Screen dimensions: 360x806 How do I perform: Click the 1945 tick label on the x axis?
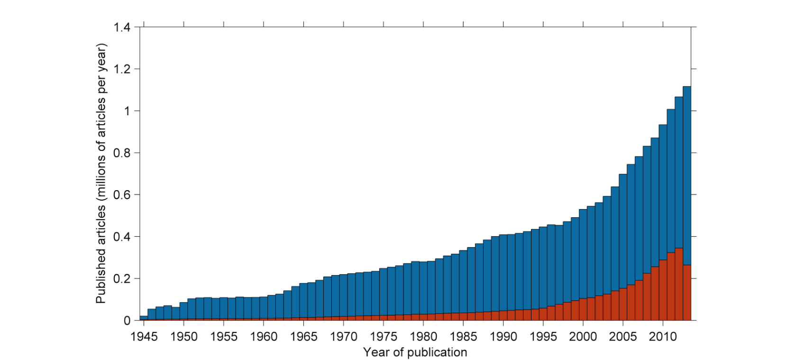(x=144, y=336)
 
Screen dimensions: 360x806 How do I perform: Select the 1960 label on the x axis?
(x=264, y=336)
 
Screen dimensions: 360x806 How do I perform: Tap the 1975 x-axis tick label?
(x=384, y=336)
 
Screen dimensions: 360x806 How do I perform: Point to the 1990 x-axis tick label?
(x=504, y=336)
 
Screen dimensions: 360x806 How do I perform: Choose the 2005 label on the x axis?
(x=623, y=336)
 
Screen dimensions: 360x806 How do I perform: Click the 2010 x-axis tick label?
(x=663, y=336)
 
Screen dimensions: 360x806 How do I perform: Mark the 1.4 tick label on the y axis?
(x=122, y=28)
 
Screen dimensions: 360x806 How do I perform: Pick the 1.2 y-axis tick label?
(x=122, y=69)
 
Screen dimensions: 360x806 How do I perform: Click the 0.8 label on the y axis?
(x=122, y=153)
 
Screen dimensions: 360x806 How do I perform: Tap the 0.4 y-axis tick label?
(x=122, y=237)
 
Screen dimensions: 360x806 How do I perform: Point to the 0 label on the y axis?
(x=127, y=321)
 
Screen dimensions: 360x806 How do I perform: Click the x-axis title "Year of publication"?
(x=415, y=352)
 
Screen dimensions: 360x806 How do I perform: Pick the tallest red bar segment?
(x=679, y=285)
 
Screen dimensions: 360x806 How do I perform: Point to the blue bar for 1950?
(x=183, y=311)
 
